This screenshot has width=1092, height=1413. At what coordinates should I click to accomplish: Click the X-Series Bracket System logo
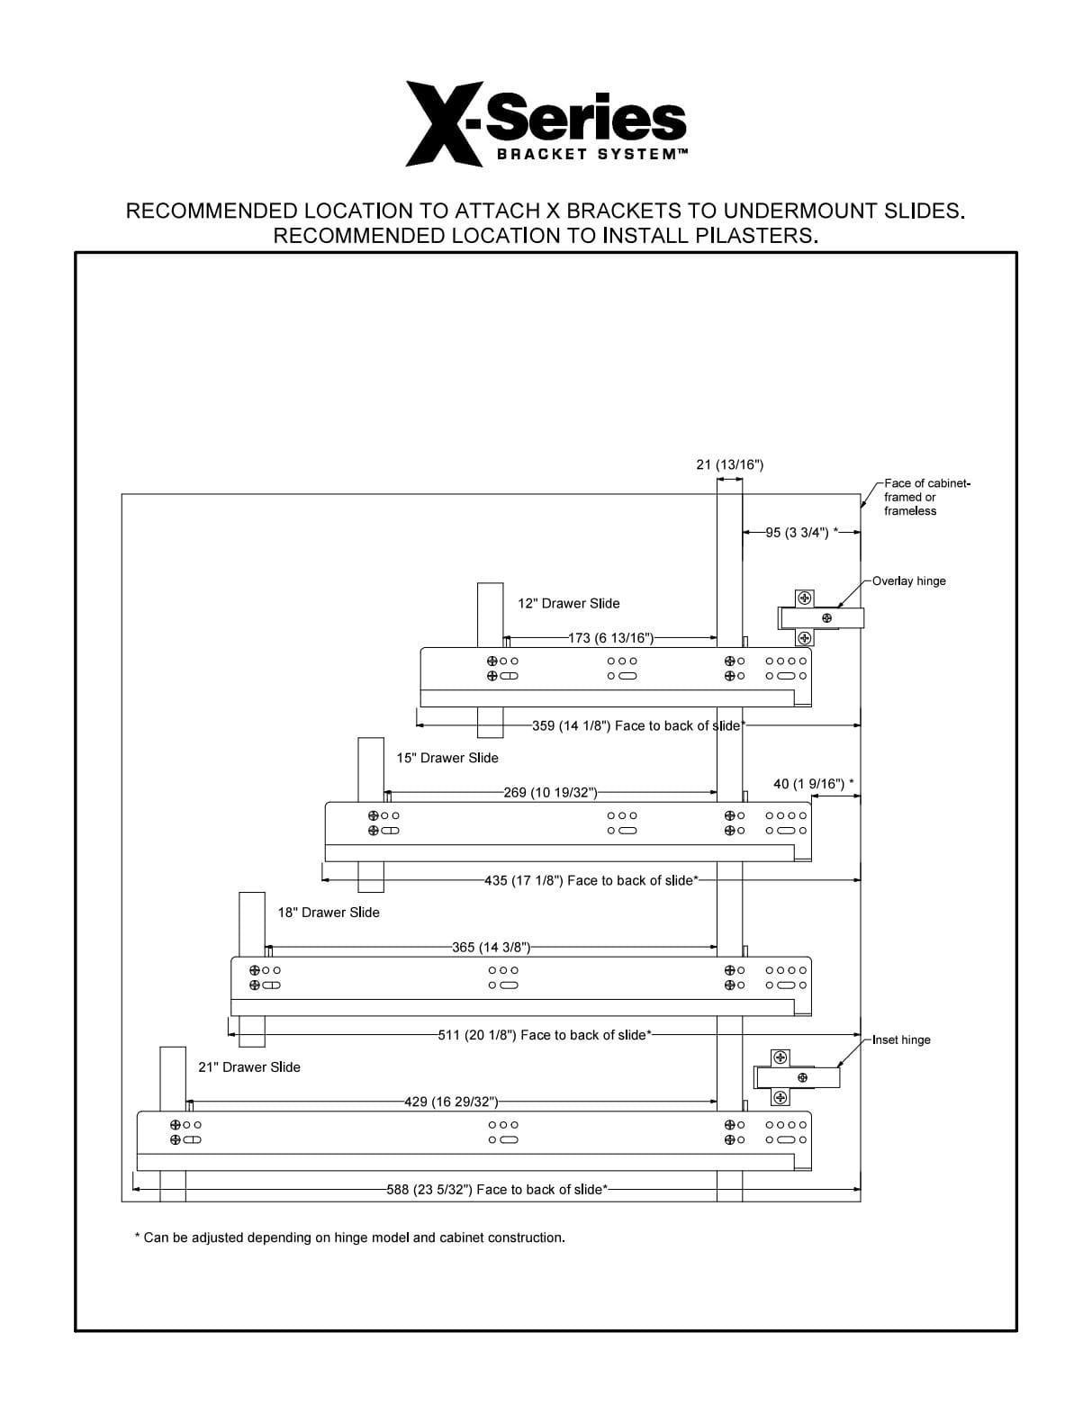[546, 123]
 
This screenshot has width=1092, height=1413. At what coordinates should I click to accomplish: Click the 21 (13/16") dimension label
[730, 464]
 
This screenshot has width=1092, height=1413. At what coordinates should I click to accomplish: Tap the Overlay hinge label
[908, 580]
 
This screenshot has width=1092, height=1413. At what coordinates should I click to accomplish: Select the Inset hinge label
[901, 1039]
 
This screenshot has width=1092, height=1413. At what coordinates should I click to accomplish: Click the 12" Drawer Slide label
[568, 603]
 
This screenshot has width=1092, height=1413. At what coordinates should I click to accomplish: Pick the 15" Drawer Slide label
[447, 758]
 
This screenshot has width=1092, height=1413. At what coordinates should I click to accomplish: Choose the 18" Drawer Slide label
[329, 913]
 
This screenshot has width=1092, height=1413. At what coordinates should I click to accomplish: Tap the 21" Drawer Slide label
[249, 1067]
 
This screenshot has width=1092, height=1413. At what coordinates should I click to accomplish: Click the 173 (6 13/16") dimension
[610, 638]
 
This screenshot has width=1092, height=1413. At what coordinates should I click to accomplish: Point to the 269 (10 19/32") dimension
[550, 793]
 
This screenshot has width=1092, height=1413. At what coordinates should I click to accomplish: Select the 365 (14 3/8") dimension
[491, 948]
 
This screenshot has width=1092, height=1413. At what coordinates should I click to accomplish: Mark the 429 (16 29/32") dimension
[451, 1102]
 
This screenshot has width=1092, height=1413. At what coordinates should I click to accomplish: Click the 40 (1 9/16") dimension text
[813, 784]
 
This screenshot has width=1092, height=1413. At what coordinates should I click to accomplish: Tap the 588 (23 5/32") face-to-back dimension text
[497, 1189]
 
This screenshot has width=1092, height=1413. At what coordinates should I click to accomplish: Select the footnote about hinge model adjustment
[350, 1237]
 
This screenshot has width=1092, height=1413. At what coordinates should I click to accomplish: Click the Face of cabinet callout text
[926, 497]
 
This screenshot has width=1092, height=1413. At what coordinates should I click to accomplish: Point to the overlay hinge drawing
[821, 617]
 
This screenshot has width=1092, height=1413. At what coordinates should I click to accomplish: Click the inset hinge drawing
[797, 1077]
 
